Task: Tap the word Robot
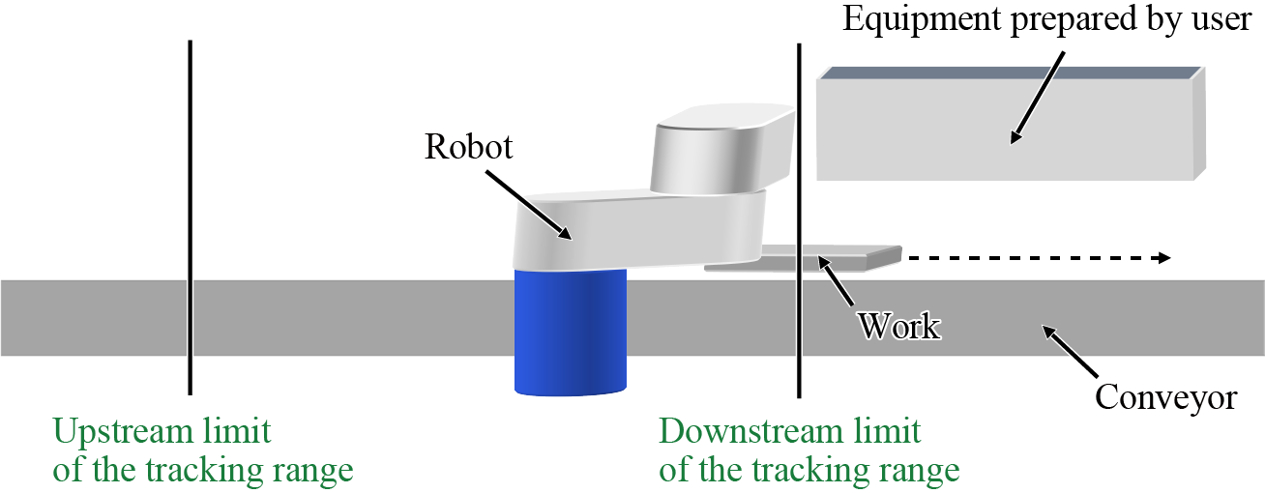coord(468,147)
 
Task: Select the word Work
coord(899,327)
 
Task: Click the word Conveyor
coord(1165,397)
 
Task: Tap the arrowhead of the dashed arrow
coord(1163,258)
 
